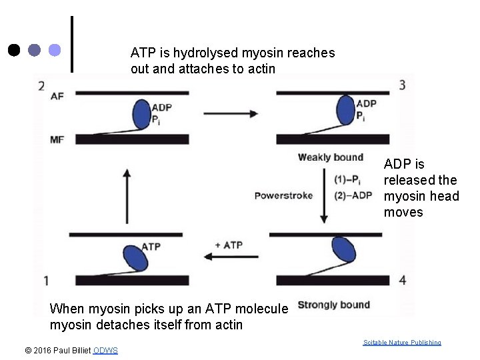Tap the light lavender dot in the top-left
(x=55, y=50)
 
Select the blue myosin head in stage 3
(x=347, y=111)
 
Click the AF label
(x=57, y=97)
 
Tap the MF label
(x=57, y=139)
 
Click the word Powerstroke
(x=283, y=195)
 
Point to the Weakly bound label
(x=331, y=157)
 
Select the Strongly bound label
(x=333, y=305)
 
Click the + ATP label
(x=229, y=245)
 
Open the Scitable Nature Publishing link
(x=402, y=342)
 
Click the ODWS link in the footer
(x=106, y=351)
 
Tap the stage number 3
(x=401, y=85)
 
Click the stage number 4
(x=401, y=280)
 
